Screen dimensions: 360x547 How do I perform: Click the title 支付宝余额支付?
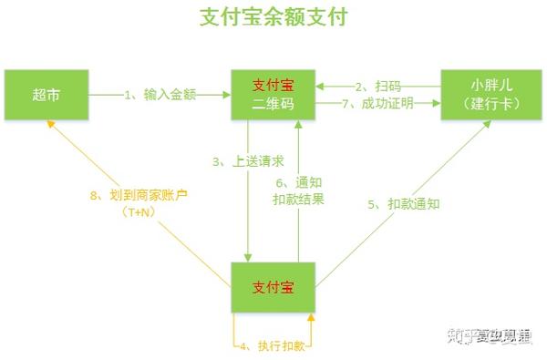tap(273, 17)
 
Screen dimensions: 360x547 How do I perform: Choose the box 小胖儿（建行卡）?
tap(491, 94)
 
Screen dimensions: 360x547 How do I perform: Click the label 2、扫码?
tap(377, 86)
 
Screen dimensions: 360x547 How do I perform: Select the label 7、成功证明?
tap(377, 103)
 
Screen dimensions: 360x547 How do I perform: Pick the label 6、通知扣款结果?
tap(298, 190)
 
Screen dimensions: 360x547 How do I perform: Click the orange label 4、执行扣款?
tap(273, 345)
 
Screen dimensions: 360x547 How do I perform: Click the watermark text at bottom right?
tap(488, 335)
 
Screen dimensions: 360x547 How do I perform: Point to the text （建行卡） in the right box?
tap(491, 103)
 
